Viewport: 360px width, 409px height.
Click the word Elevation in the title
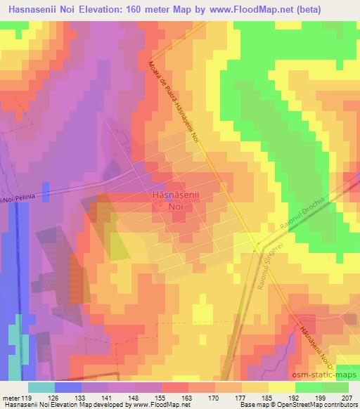pos(98,11)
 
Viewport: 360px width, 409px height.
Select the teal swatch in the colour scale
pos(41,387)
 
